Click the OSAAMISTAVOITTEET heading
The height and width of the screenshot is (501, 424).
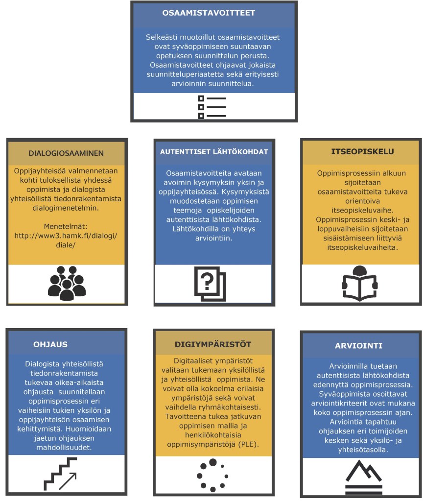(209, 13)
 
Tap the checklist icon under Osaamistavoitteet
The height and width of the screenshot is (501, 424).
(212, 106)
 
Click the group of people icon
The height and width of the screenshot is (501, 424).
(66, 283)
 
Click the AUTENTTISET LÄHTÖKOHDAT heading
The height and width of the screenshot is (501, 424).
(214, 152)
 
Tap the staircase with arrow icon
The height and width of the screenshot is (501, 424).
(60, 474)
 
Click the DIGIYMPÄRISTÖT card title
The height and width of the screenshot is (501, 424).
(213, 344)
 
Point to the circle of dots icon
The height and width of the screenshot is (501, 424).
(212, 475)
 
